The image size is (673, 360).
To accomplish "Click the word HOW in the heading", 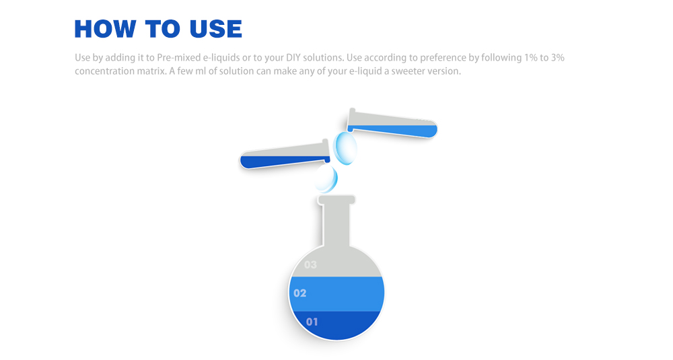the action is tap(105, 29).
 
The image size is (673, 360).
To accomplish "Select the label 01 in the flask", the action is tap(312, 322).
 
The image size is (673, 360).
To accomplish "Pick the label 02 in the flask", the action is tap(300, 293).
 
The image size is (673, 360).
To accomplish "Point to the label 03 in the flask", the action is tap(310, 264).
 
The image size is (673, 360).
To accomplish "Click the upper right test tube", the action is tap(392, 124).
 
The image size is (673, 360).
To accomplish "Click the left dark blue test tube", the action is tap(285, 155).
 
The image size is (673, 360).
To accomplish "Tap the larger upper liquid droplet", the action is tap(345, 148).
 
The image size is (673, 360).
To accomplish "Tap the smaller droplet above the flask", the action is tap(326, 178).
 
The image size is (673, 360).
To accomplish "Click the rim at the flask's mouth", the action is tap(336, 200).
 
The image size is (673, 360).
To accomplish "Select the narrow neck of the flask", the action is tap(336, 225).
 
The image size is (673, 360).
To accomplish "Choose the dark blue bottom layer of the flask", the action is tap(336, 325).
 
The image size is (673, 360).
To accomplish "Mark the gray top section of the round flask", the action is tap(336, 262).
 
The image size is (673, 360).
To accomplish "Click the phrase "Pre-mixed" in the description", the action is tap(178, 58).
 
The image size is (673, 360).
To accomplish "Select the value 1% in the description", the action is tap(530, 57).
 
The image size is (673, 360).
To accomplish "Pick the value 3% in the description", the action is tap(558, 57).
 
